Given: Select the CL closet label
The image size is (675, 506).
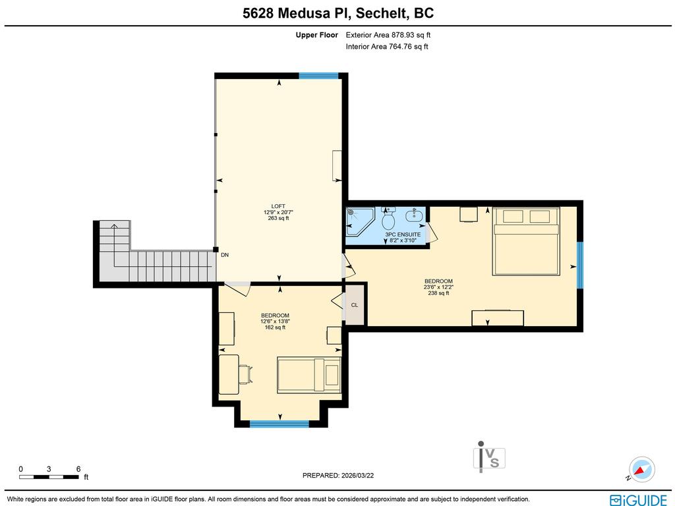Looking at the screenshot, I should click(x=355, y=305).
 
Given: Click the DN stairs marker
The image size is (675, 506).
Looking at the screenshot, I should click(x=225, y=255).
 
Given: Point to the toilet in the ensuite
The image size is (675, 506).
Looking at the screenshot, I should click(x=388, y=217).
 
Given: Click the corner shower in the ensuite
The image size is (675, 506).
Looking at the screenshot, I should click(x=359, y=221).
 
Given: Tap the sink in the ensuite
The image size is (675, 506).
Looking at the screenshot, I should click(x=415, y=215).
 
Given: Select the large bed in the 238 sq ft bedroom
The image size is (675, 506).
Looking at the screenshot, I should click(x=525, y=241).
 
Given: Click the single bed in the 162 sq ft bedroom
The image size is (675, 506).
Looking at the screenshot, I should click(x=308, y=375).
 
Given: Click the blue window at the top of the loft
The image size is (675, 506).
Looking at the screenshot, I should click(x=318, y=76).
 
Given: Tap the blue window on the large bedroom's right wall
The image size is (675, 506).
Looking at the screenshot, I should click(x=580, y=266).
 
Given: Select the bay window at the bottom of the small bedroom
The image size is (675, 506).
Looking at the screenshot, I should click(x=279, y=424).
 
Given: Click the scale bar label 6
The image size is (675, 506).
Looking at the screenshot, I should click(x=78, y=469).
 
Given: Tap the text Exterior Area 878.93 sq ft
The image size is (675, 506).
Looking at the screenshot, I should click(x=388, y=35).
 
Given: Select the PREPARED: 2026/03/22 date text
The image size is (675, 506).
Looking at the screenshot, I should click(x=342, y=475).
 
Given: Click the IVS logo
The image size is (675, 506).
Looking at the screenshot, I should click(x=489, y=457).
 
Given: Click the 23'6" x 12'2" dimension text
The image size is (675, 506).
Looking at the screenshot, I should click(x=438, y=287).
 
